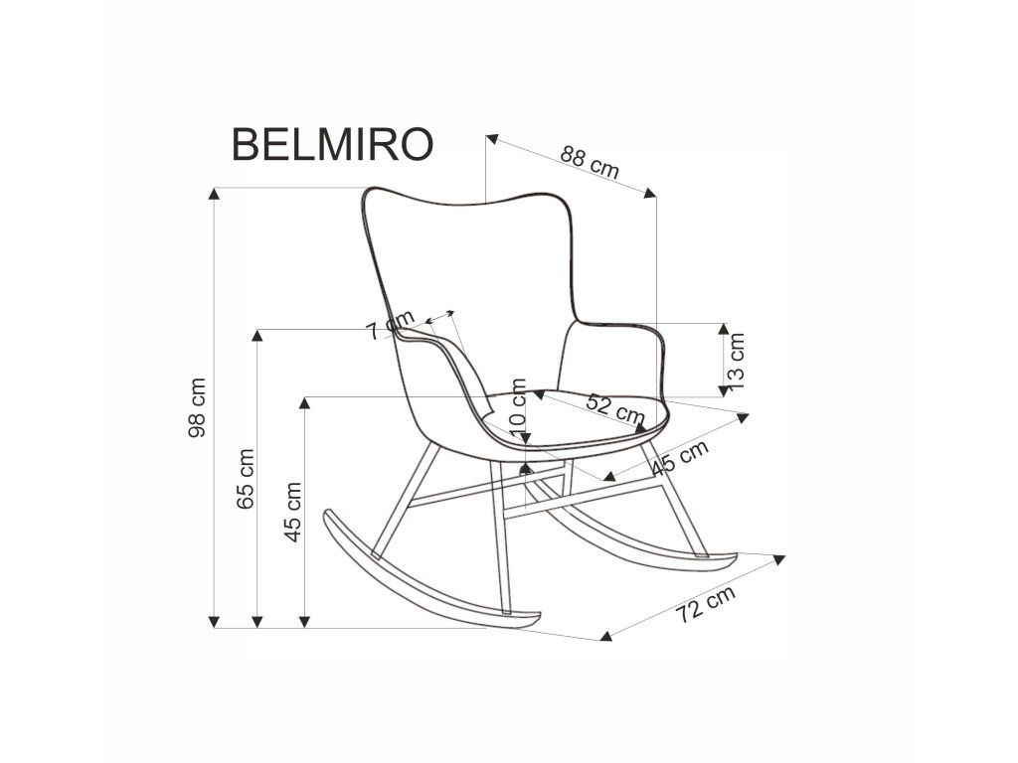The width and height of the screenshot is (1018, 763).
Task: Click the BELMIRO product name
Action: [x=332, y=144]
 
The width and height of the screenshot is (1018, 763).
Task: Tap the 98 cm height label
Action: [x=199, y=407]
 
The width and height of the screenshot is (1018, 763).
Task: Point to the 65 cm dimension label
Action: [x=247, y=479]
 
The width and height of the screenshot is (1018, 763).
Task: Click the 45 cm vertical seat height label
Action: [x=293, y=513]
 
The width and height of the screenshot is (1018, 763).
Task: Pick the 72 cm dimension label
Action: [x=705, y=604]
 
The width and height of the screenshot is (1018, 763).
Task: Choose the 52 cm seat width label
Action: [x=615, y=407]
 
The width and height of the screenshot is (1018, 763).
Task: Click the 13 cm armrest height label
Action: [x=737, y=360]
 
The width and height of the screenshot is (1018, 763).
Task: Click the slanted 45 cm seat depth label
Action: [x=679, y=458]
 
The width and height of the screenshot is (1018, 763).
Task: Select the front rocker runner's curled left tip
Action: [x=330, y=516]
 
